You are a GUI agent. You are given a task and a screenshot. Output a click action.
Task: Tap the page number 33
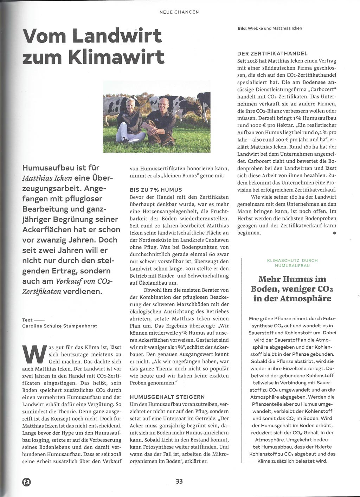(x=180, y=482)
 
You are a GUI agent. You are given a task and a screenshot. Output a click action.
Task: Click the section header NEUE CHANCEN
(x=179, y=12)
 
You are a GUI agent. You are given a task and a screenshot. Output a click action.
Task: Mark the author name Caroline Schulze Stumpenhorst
(x=60, y=326)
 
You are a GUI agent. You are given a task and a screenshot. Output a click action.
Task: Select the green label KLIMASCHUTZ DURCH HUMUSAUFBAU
(x=292, y=263)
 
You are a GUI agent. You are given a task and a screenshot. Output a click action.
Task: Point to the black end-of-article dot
(x=335, y=233)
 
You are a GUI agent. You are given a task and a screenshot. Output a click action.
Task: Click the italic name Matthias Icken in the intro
(x=49, y=178)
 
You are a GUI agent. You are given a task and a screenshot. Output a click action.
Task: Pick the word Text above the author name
(x=27, y=320)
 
